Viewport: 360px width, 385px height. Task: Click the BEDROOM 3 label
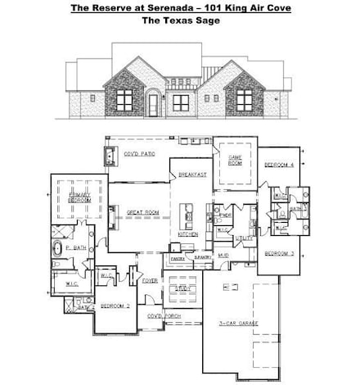(279, 254)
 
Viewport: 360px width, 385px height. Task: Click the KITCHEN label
(188, 234)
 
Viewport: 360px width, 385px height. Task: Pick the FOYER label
(150, 280)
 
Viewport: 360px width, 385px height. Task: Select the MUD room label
(223, 256)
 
